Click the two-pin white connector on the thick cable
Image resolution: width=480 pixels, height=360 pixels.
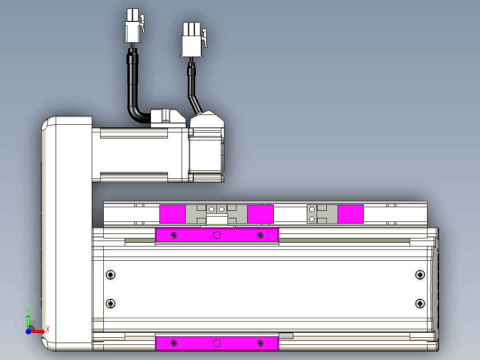coord(134,26)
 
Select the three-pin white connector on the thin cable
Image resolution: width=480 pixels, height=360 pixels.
coord(192,40)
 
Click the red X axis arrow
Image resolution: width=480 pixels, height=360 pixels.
coord(38,331)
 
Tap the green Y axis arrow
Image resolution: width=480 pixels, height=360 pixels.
coord(28,321)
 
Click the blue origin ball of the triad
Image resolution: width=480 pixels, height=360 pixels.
coord(28,331)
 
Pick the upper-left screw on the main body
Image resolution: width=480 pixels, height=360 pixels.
coord(110,274)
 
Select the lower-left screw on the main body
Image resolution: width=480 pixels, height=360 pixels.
coord(110,303)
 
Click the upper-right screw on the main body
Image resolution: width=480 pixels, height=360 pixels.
coord(420,274)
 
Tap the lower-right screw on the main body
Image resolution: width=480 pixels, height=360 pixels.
coord(420,303)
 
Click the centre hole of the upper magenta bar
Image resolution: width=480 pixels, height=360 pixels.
coord(217,235)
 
